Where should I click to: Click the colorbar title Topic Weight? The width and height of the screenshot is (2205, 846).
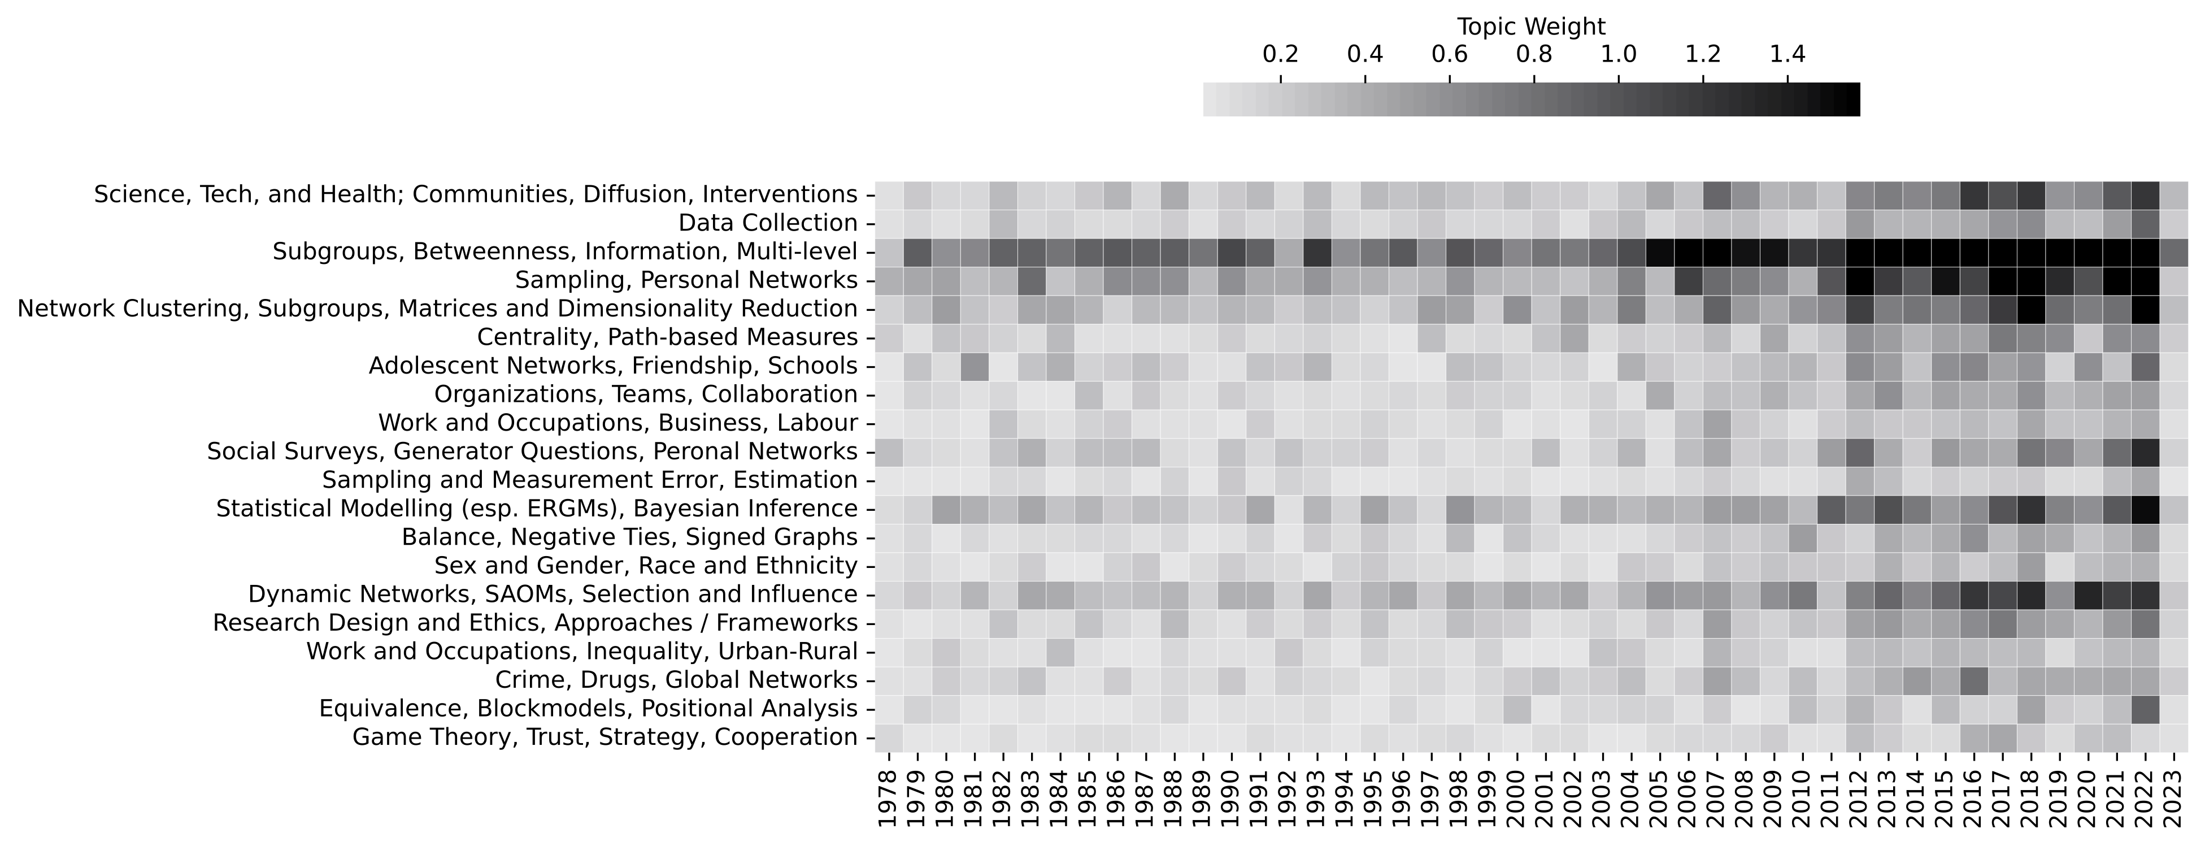tap(1532, 27)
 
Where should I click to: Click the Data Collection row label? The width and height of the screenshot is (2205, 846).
tap(768, 223)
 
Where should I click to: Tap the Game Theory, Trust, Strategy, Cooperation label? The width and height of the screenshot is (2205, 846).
tap(604, 737)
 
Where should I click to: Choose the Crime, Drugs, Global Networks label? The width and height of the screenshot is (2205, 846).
tap(676, 680)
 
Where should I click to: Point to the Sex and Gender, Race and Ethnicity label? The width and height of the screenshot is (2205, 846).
tap(645, 566)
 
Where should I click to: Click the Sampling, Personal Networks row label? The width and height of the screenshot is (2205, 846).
tap(686, 280)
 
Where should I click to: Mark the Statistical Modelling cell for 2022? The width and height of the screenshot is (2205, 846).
tap(2146, 509)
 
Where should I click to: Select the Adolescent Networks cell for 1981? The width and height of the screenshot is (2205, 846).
tap(975, 366)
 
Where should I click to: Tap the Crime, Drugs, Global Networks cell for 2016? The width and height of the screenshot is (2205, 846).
tap(1975, 680)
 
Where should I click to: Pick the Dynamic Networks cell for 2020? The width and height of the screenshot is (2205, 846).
tap(2089, 595)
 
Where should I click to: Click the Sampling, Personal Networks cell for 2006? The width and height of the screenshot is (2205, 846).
tap(1689, 280)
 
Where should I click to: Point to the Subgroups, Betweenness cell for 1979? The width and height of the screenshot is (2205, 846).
tap(917, 251)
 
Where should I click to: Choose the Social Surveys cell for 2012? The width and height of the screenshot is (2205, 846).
tap(1860, 452)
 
